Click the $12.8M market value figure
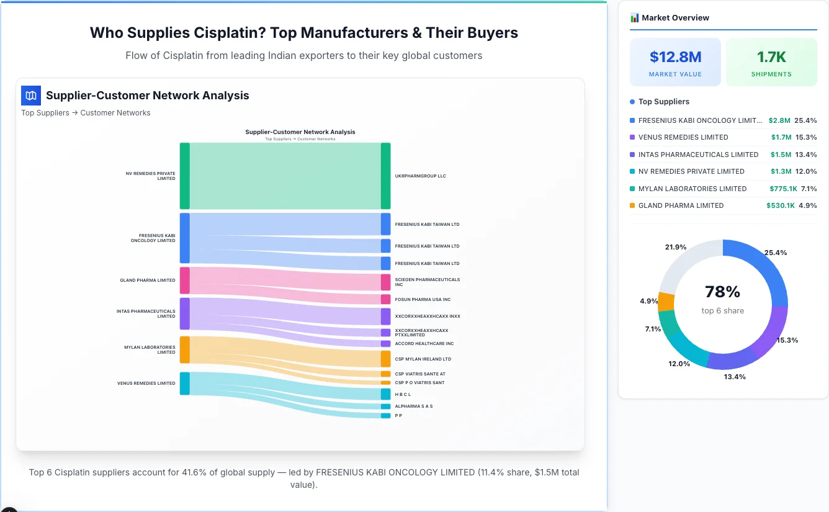tap(675, 57)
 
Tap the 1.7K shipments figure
tap(771, 57)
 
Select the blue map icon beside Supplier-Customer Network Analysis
tap(31, 96)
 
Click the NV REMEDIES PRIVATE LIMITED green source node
tap(184, 176)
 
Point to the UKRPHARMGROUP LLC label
tap(420, 176)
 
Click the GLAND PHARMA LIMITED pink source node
tap(184, 281)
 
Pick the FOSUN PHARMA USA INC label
tap(423, 300)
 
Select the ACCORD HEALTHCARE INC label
tap(424, 344)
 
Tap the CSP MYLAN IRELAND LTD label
tap(423, 359)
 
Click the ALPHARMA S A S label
tap(413, 406)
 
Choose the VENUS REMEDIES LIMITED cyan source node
tap(184, 384)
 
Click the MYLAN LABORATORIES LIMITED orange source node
tap(184, 349)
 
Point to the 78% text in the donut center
tap(722, 292)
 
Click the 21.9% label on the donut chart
tap(675, 247)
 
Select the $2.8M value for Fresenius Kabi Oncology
tap(779, 120)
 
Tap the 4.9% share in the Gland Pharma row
tap(807, 205)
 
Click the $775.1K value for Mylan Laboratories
tap(781, 189)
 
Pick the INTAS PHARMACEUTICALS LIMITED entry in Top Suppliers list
tap(698, 155)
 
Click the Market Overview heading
tap(674, 18)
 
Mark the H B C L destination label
tap(403, 395)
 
